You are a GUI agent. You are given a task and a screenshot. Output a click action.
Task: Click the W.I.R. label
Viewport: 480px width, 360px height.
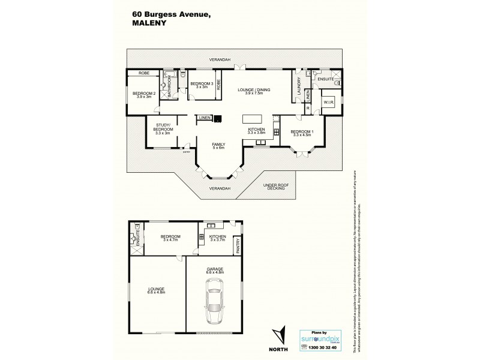(x=328, y=102)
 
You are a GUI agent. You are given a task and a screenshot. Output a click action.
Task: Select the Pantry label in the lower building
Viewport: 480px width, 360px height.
(x=238, y=245)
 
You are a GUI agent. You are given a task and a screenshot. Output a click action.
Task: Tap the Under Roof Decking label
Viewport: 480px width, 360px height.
(x=276, y=187)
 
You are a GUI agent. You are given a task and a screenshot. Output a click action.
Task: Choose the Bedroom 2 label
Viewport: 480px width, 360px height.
(x=144, y=95)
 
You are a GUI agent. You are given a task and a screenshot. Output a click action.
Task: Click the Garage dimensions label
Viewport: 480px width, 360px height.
(x=215, y=271)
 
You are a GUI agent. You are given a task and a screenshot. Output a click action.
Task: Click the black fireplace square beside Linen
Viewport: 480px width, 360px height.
(x=217, y=118)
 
